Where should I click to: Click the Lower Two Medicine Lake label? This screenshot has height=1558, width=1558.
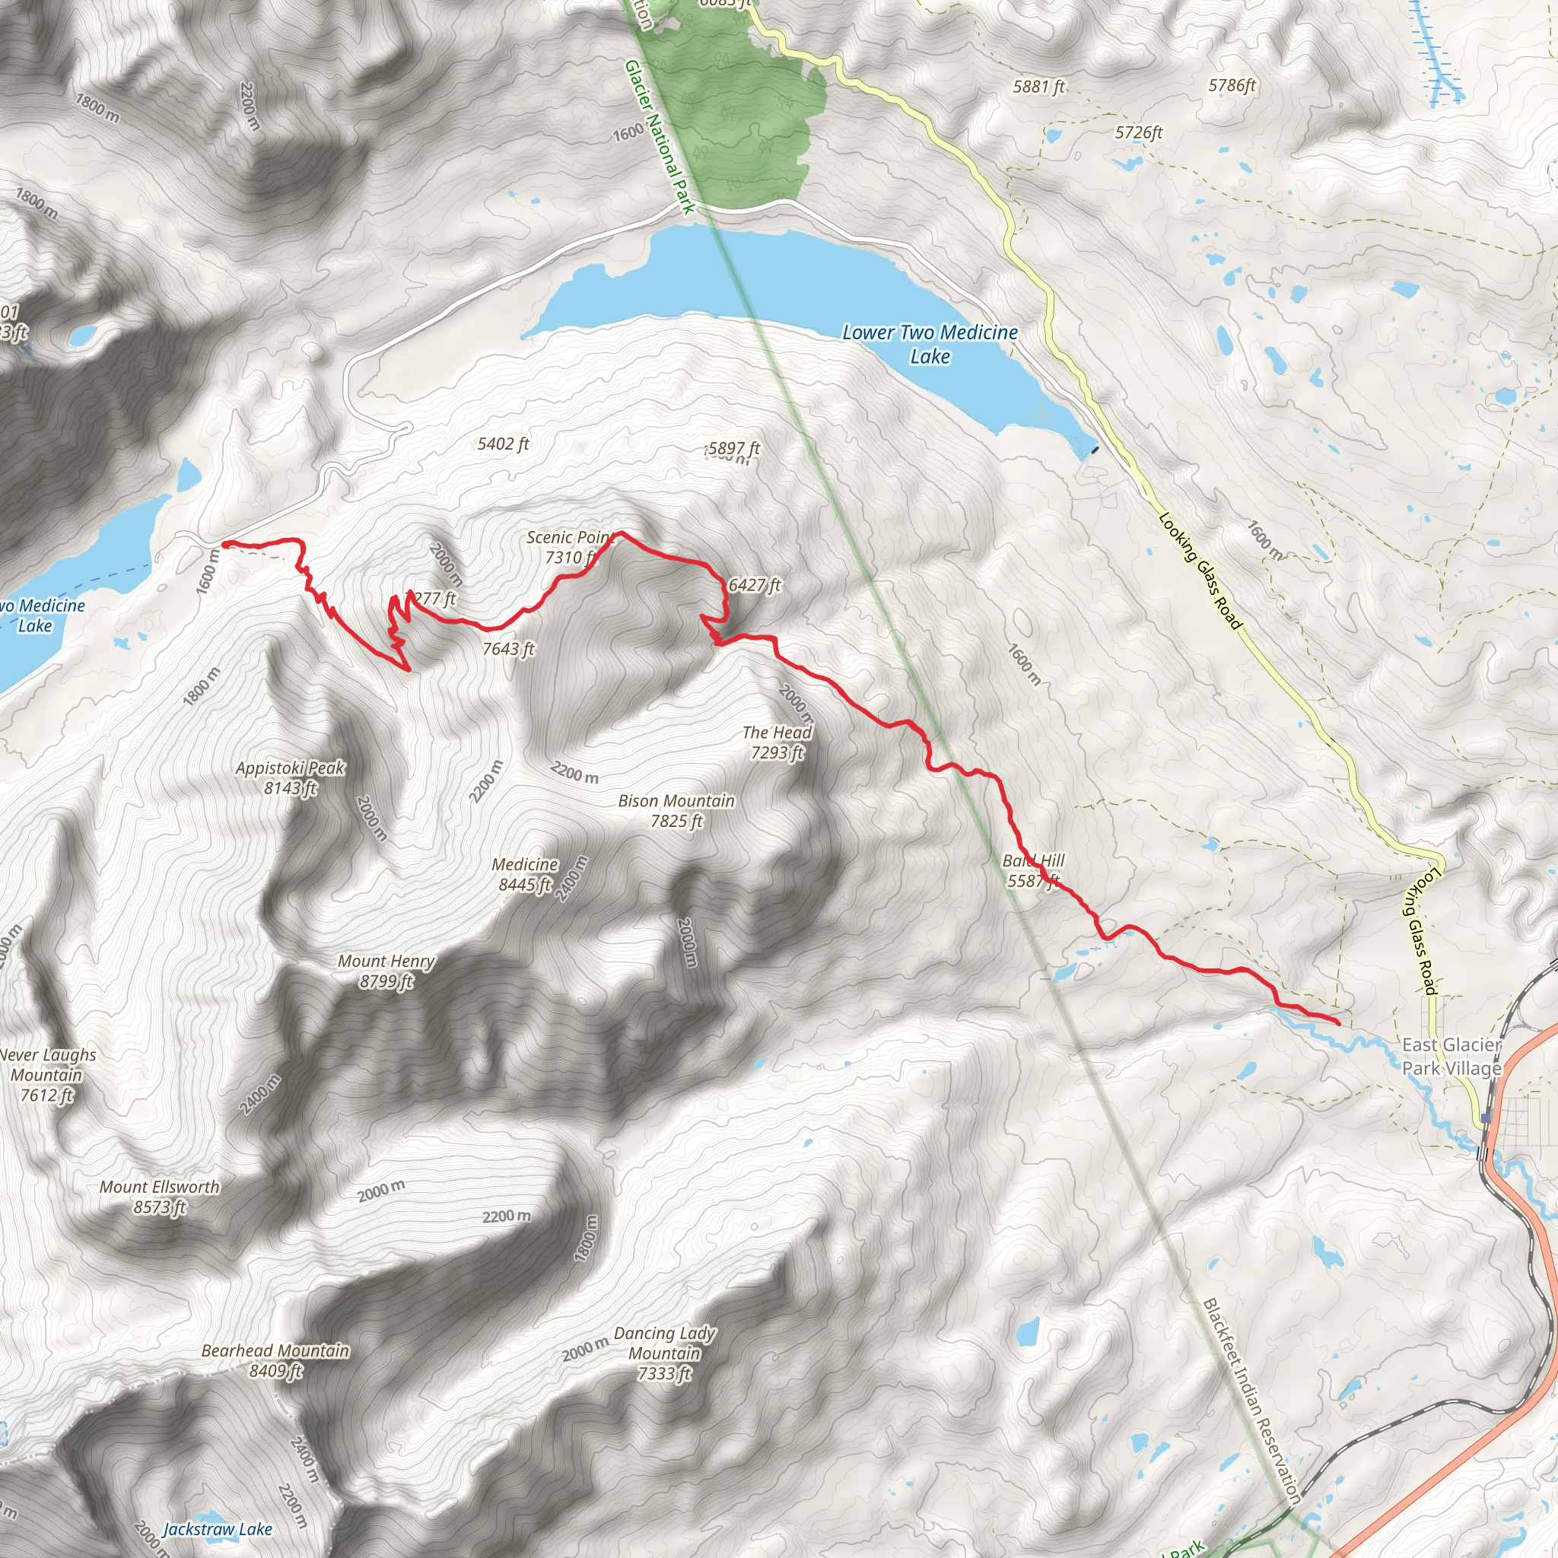pyautogui.click(x=930, y=344)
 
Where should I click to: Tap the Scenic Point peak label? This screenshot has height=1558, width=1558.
pyautogui.click(x=570, y=548)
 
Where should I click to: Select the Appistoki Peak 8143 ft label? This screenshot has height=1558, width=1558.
pyautogui.click(x=291, y=777)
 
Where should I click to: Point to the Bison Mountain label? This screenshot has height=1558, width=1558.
pyautogui.click(x=676, y=810)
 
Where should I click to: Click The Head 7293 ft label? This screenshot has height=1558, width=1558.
pyautogui.click(x=777, y=742)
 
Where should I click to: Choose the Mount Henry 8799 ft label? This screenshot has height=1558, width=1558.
pyautogui.click(x=386, y=970)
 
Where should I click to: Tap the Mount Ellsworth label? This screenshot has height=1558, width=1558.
pyautogui.click(x=160, y=1197)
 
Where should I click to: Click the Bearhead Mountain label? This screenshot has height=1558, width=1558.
pyautogui.click(x=276, y=1360)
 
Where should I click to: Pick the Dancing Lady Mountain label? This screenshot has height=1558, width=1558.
pyautogui.click(x=664, y=1353)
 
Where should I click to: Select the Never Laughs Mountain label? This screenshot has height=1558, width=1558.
pyautogui.click(x=46, y=1075)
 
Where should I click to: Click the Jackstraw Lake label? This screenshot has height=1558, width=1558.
pyautogui.click(x=218, y=1529)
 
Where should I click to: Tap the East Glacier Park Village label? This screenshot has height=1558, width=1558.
pyautogui.click(x=1451, y=1057)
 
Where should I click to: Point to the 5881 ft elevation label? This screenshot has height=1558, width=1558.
pyautogui.click(x=1038, y=86)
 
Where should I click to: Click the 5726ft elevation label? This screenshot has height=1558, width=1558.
pyautogui.click(x=1139, y=132)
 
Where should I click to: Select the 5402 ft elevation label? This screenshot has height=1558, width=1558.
pyautogui.click(x=503, y=444)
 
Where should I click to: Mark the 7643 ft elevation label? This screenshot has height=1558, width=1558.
pyautogui.click(x=508, y=648)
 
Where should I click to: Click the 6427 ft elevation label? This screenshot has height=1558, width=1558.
pyautogui.click(x=754, y=585)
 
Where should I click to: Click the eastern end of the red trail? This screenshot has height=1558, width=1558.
pyautogui.click(x=1339, y=1023)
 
